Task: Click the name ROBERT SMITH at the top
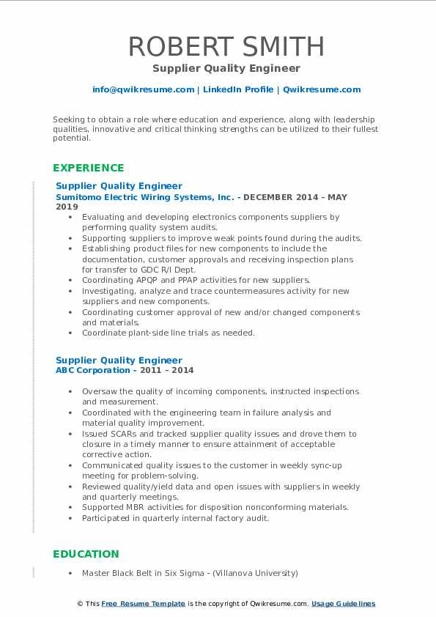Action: coord(226,46)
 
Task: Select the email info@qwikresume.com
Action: coord(143,89)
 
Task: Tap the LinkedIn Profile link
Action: coord(238,89)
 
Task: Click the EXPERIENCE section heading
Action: coord(89,167)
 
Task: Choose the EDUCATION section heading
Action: coord(86,554)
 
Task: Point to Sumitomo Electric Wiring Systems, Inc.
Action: coord(144,197)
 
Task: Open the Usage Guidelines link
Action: coord(343,604)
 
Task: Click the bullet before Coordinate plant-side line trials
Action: coord(70,333)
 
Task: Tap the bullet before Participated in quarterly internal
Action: coord(70,518)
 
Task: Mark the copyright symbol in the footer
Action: coord(80,604)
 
